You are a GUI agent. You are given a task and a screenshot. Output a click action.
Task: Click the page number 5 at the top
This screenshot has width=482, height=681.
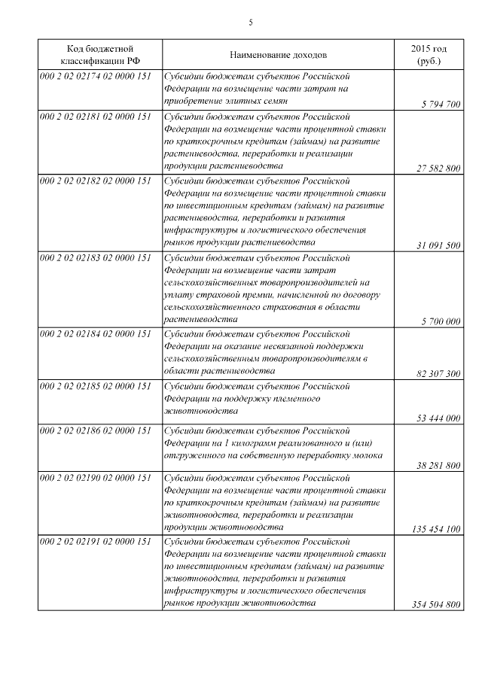click(x=250, y=23)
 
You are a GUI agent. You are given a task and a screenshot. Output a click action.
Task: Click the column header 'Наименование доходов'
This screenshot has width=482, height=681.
click(x=278, y=55)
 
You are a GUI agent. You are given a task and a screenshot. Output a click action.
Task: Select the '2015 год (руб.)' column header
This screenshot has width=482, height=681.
click(x=428, y=55)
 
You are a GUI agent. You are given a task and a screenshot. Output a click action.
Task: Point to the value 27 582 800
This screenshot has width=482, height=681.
click(x=438, y=169)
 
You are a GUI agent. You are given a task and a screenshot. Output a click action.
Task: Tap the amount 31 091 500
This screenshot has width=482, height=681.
click(x=438, y=245)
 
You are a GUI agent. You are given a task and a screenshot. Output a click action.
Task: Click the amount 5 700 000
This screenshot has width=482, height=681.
click(x=441, y=321)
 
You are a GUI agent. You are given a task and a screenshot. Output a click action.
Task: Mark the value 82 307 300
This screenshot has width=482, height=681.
click(x=438, y=373)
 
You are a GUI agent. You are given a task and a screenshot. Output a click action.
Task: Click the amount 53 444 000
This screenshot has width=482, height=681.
click(x=438, y=418)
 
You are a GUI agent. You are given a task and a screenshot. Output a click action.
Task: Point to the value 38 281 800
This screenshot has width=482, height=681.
click(x=438, y=465)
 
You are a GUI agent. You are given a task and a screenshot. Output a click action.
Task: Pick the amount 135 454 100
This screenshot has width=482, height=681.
click(x=436, y=529)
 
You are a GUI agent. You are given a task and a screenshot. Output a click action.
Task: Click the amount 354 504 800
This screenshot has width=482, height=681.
click(x=436, y=605)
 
